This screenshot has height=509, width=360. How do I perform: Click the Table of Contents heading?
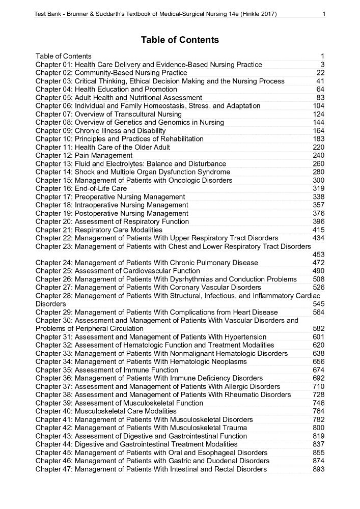tap(180, 40)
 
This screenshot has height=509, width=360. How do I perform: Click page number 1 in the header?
tap(324, 14)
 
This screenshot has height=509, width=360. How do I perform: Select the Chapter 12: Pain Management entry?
tap(84, 155)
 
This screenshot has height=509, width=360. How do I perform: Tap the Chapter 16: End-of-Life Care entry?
tap(81, 188)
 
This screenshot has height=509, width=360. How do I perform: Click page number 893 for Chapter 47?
tap(319, 469)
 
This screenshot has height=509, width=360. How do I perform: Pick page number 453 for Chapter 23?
tap(319, 254)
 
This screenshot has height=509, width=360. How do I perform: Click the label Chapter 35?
tap(54, 370)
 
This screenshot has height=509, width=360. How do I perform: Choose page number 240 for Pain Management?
tap(319, 155)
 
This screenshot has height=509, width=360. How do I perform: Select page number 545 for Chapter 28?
tap(319, 304)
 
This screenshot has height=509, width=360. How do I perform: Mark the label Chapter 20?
tap(54, 221)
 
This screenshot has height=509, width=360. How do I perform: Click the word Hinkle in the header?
tap(252, 14)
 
